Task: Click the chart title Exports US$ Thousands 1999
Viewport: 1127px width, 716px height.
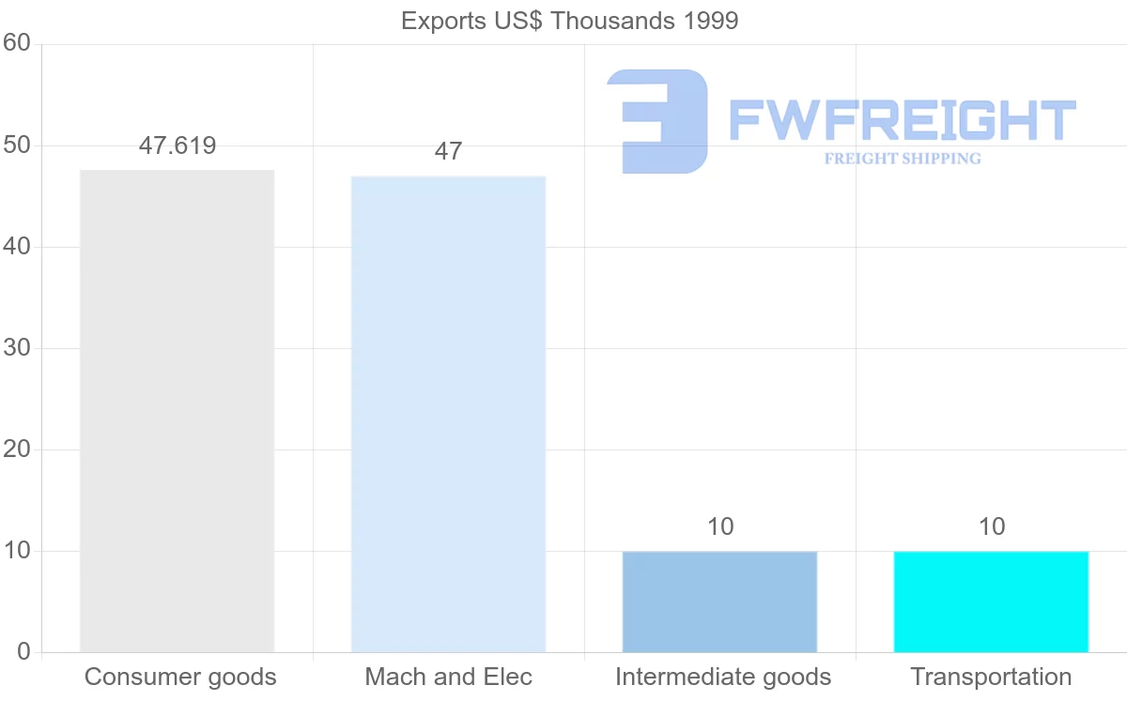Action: pyautogui.click(x=569, y=21)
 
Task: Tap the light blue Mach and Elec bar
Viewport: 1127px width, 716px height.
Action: pyautogui.click(x=448, y=414)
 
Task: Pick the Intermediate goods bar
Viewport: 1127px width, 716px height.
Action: pyautogui.click(x=719, y=602)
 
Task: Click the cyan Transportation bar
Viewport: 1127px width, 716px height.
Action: pyautogui.click(x=991, y=602)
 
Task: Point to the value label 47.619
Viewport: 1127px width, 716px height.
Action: pyautogui.click(x=178, y=145)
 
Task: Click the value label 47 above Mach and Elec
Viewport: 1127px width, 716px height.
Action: pyautogui.click(x=448, y=151)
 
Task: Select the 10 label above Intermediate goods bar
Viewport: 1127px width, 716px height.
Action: pyautogui.click(x=720, y=526)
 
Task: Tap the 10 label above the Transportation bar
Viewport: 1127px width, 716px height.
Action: pyautogui.click(x=992, y=526)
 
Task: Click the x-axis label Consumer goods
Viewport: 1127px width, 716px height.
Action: pyautogui.click(x=180, y=677)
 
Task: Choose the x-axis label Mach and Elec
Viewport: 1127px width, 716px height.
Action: pyautogui.click(x=448, y=677)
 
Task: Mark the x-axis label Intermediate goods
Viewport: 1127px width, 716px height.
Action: pyautogui.click(x=723, y=677)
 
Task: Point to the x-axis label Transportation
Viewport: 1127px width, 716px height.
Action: pyautogui.click(x=991, y=677)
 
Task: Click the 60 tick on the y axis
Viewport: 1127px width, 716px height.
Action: pyautogui.click(x=17, y=43)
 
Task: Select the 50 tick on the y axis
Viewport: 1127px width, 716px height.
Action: pyautogui.click(x=17, y=145)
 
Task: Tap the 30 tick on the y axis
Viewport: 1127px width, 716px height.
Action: pyautogui.click(x=17, y=348)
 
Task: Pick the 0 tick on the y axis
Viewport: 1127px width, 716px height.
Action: pyautogui.click(x=23, y=652)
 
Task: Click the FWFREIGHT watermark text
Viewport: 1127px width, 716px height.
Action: pyautogui.click(x=902, y=120)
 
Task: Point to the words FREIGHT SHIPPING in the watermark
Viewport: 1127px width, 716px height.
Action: pyautogui.click(x=903, y=159)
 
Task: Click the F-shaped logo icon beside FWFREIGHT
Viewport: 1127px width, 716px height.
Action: pyautogui.click(x=657, y=121)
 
